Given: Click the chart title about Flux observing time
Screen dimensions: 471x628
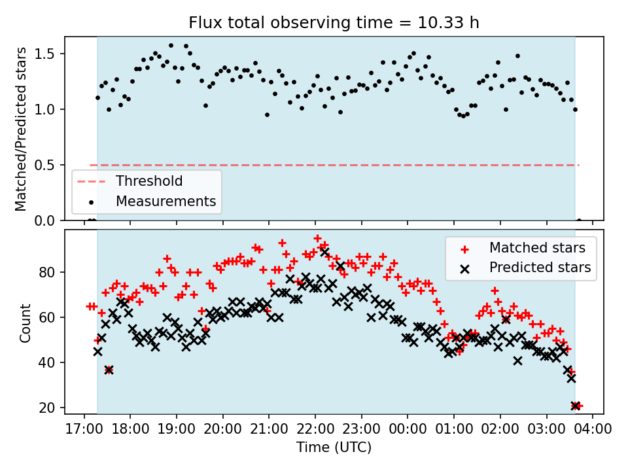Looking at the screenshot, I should tap(334, 23).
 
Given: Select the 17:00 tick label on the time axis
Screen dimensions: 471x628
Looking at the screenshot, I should tap(84, 429).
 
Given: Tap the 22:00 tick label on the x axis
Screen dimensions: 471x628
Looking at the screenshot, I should tap(315, 429).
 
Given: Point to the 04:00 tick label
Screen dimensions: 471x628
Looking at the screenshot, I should tap(593, 429).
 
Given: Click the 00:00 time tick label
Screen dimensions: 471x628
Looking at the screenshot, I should tap(408, 429).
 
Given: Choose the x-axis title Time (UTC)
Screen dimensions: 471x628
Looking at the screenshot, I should tap(334, 447).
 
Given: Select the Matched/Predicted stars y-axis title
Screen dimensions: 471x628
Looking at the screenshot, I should tap(21, 129).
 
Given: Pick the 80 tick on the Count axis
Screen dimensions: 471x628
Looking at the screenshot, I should tap(50, 272).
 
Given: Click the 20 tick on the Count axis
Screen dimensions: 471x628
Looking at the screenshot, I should tap(50, 408).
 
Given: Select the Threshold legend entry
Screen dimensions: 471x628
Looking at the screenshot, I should tap(149, 181).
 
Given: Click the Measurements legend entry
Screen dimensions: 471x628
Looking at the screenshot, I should tap(166, 201).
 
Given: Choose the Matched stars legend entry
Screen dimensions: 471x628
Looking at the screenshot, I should tap(537, 248).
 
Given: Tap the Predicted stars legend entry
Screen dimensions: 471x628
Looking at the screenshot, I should tap(540, 268).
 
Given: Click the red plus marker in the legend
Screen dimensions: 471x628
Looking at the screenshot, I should tap(464, 248).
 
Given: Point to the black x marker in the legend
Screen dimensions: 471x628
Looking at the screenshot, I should tap(464, 268).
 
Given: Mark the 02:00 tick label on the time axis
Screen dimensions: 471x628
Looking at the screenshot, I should tap(500, 429).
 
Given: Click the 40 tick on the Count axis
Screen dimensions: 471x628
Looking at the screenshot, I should tap(50, 362).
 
